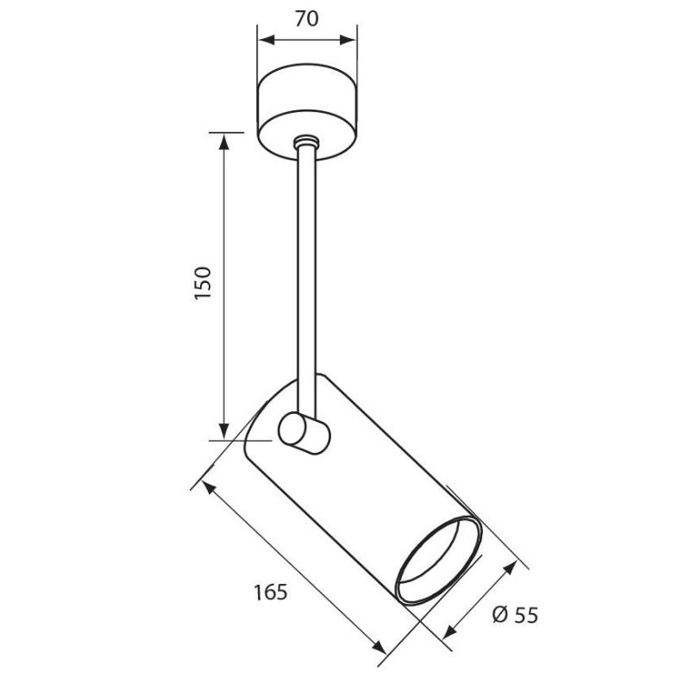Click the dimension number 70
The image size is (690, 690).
click(x=307, y=18)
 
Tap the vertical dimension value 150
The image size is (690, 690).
click(x=203, y=283)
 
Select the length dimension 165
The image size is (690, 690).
click(x=270, y=592)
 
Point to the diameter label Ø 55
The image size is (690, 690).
click(x=515, y=615)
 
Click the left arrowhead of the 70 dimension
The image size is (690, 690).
click(x=267, y=41)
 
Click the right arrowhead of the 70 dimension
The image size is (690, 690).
click(x=348, y=41)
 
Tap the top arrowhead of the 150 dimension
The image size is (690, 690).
click(x=224, y=141)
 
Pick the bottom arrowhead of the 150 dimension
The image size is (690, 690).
click(x=224, y=430)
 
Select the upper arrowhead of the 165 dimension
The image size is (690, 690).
click(x=209, y=487)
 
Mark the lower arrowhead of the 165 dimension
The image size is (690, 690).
click(x=379, y=648)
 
